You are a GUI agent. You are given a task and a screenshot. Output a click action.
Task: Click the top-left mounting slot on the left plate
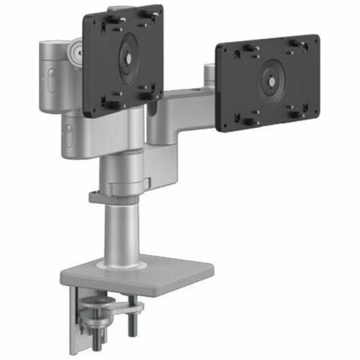tap(102, 23)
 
